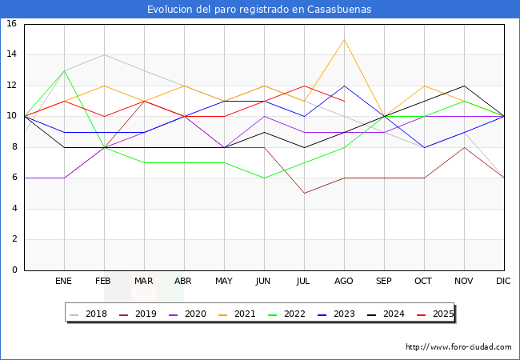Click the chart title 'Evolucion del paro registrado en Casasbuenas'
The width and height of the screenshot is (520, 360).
(259, 10)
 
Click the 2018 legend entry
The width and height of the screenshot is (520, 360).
(90, 314)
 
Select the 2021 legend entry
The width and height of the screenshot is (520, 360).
(238, 314)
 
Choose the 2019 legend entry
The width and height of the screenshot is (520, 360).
(139, 314)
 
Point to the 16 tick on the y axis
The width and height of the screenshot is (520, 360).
(12, 24)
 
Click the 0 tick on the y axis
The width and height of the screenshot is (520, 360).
(14, 270)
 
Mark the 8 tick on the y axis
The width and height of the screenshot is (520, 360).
(14, 147)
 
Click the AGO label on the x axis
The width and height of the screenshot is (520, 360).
(344, 282)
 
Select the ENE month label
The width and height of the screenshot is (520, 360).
(64, 282)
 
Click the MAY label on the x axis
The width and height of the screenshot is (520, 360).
(224, 282)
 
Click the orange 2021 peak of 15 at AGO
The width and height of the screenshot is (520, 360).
(344, 39)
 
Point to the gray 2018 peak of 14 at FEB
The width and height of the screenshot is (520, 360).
(104, 54)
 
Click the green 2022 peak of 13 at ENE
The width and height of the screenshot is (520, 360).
(64, 70)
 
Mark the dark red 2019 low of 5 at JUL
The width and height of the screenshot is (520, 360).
(304, 193)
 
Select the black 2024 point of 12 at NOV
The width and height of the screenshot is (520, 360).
(464, 86)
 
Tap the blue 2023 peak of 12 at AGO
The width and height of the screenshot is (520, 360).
(344, 86)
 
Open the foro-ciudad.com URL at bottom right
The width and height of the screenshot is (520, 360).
(458, 347)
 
